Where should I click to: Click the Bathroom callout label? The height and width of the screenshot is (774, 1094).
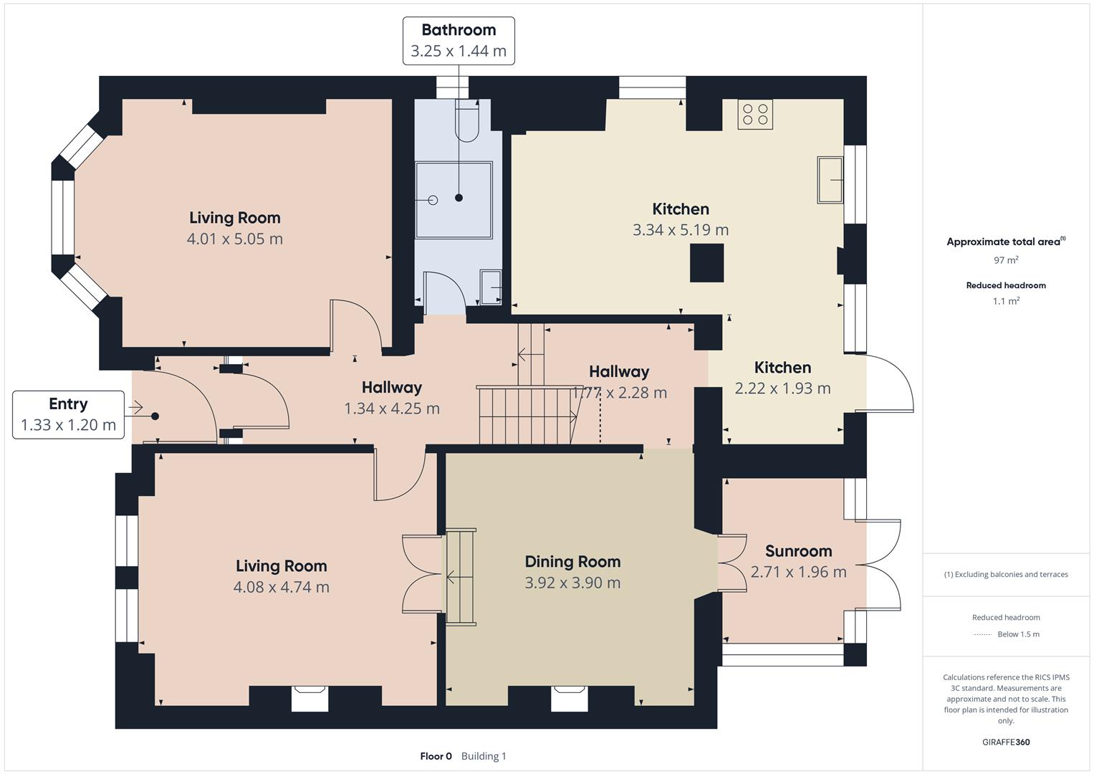coord(459,41)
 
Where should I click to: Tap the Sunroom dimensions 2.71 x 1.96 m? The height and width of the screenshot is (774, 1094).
coord(799,572)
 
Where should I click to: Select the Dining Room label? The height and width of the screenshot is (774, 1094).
coord(573,561)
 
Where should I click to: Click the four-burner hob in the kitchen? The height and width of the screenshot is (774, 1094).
coord(755,115)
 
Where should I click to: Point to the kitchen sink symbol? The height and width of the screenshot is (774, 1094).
coord(830,180)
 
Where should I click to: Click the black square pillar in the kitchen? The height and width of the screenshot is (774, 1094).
coord(706,264)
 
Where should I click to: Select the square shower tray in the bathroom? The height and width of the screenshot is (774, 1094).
coord(454,201)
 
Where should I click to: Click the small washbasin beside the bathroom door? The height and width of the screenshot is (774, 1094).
coord(491,287)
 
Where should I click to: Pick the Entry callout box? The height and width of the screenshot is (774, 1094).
coord(68,415)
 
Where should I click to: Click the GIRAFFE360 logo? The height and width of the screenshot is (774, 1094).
coord(1006,742)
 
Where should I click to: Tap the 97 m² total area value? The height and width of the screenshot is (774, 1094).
coord(1006,260)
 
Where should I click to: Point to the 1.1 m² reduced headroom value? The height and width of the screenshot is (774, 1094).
coord(1006,301)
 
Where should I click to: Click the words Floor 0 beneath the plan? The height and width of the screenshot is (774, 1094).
coord(436,756)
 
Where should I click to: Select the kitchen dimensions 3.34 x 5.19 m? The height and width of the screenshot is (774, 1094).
coord(681,229)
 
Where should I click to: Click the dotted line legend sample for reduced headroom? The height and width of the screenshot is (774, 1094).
coord(982,635)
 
